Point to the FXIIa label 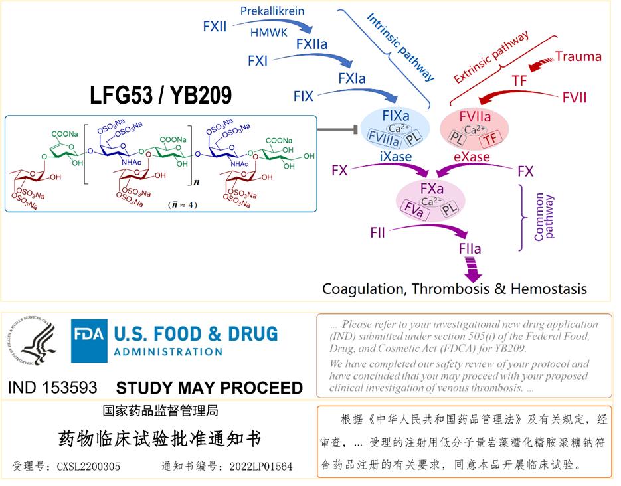(x=313, y=44)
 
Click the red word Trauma (x=578, y=56)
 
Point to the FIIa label (x=469, y=250)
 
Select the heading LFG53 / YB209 (x=161, y=96)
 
